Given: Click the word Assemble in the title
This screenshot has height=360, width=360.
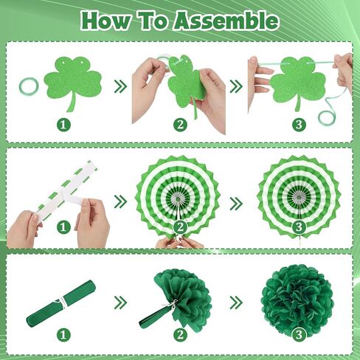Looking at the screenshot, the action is pos(226,21).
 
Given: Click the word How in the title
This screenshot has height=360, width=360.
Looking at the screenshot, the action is pos(105,21).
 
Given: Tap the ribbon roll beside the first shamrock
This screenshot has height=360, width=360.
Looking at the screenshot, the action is pos(29,86).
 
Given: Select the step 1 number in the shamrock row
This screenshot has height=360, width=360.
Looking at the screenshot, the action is pos(63,125).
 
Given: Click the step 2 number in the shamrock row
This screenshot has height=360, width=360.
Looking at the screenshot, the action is pos(180,125).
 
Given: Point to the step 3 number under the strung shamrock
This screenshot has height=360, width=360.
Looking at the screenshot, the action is pos(299,125).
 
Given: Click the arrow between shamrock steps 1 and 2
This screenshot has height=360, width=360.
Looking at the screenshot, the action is pos(121,86).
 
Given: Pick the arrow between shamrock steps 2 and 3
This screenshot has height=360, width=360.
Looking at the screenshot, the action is pos(236,86).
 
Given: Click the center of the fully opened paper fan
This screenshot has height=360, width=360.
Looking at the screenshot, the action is pos(299,197).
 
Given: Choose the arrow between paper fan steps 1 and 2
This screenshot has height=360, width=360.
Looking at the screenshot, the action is pos(121,202).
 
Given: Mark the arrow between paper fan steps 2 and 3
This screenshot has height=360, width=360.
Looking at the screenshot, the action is pos(236,204).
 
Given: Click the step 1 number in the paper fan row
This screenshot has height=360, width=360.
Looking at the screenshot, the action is pos(63,226).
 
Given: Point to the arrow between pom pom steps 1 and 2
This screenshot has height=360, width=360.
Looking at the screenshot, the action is pos(121,302).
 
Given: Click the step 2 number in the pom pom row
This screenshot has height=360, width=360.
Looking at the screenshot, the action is pos(180,335).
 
